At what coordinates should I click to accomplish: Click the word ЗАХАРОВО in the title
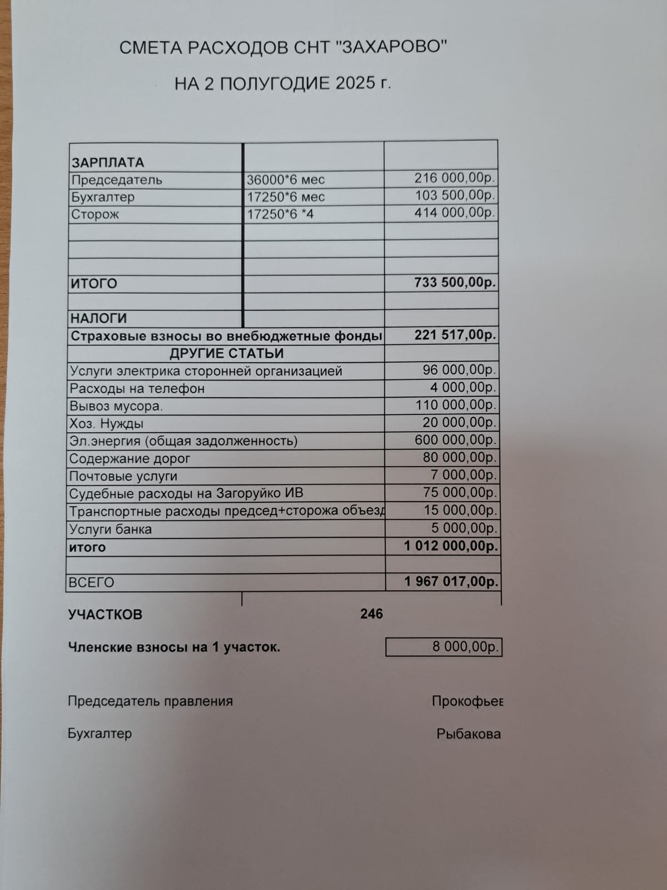click(x=392, y=47)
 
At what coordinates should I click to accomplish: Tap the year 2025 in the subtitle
click(x=355, y=83)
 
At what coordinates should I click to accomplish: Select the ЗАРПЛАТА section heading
click(x=107, y=162)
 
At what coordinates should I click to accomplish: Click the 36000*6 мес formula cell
click(x=286, y=180)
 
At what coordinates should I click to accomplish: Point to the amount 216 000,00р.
click(x=454, y=178)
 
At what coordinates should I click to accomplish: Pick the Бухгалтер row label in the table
click(x=103, y=197)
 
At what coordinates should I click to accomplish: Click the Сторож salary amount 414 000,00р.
click(x=454, y=212)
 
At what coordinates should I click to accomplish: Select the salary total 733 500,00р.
click(x=454, y=283)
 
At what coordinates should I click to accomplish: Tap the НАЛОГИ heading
click(x=98, y=318)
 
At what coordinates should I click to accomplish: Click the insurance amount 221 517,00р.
click(x=455, y=335)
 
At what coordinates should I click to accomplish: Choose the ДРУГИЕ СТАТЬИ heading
click(x=226, y=353)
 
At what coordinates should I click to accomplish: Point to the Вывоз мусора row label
click(x=116, y=406)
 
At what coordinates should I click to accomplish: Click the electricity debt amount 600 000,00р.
click(x=455, y=440)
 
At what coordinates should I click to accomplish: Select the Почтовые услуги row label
click(x=123, y=476)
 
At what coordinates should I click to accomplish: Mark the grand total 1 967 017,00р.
click(x=451, y=582)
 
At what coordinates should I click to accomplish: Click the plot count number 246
click(x=371, y=614)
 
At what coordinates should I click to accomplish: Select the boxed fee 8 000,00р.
click(x=465, y=647)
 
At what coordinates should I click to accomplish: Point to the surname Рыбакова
click(x=469, y=734)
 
